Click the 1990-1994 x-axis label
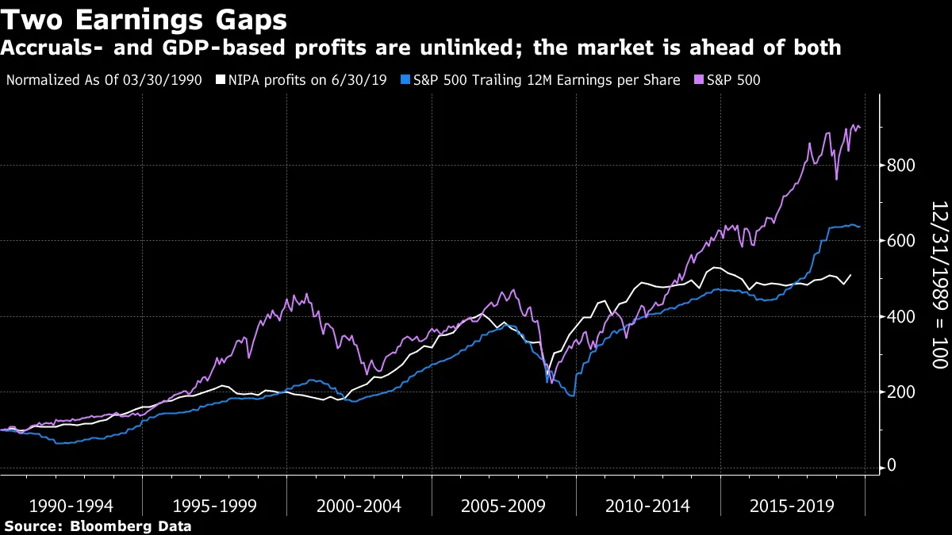pos(71,506)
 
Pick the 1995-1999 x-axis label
pos(215,506)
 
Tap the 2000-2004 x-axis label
pos(359,506)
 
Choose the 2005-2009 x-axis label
pos(504,506)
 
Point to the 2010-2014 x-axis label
pos(648,506)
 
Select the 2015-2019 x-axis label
pos(793,506)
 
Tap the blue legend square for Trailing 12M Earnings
pos(405,80)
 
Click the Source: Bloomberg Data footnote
pos(98,525)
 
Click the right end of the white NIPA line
pos(850,275)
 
